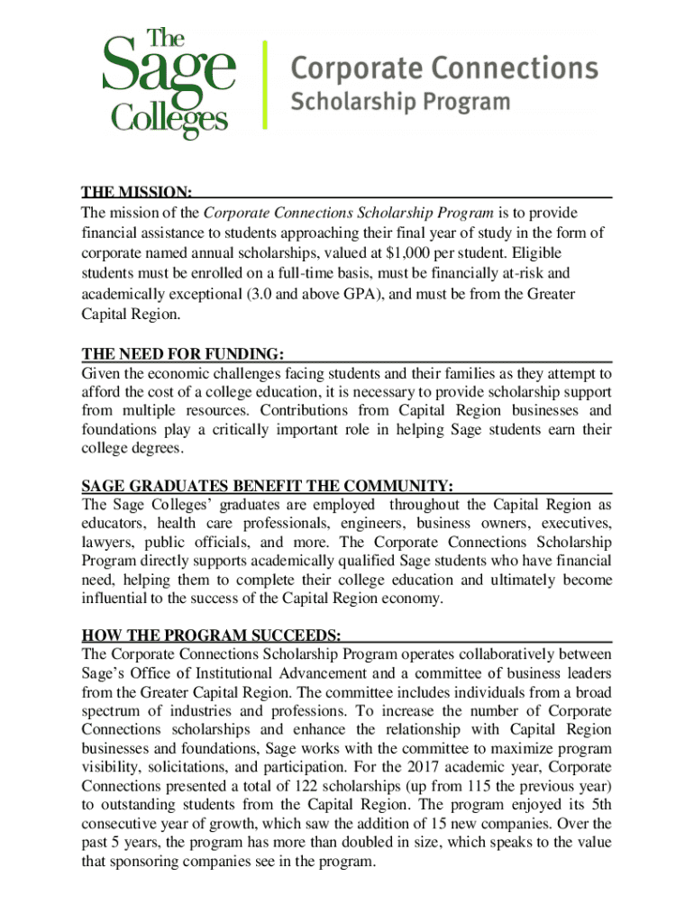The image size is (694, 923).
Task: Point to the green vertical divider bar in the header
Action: (264, 83)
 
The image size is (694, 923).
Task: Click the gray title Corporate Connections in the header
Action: (444, 69)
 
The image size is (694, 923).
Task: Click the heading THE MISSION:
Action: (136, 193)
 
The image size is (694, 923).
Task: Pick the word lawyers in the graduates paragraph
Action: (106, 543)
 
